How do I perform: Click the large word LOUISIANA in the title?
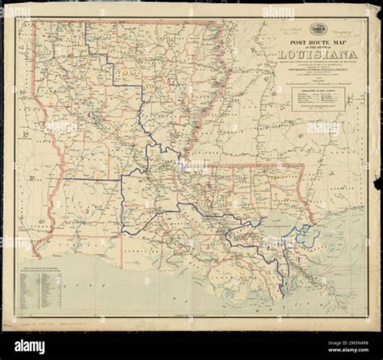(319, 54)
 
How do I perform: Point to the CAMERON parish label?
(90, 250)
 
